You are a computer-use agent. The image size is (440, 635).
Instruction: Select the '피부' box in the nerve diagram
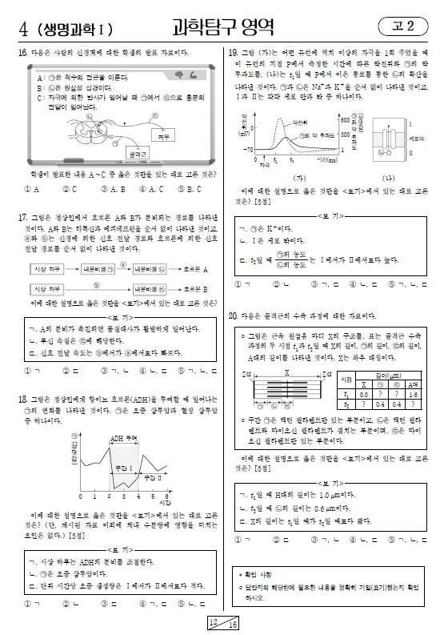click(x=166, y=137)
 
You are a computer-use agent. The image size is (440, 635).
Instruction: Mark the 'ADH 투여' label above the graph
click(x=123, y=438)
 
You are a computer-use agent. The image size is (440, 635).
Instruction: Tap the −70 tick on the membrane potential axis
click(x=248, y=150)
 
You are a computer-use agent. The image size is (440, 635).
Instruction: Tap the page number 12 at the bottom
click(x=212, y=621)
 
